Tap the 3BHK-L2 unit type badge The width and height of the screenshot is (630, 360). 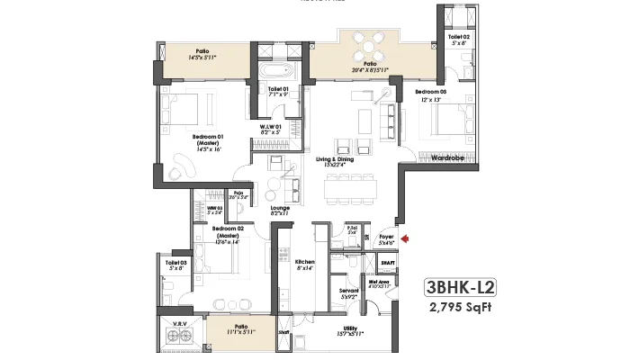(x=461, y=290)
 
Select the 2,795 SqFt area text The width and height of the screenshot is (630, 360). (x=462, y=310)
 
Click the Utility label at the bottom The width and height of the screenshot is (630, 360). (x=350, y=329)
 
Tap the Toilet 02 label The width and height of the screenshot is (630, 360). (x=460, y=37)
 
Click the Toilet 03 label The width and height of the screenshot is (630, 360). (x=175, y=262)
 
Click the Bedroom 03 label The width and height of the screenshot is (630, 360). (x=430, y=92)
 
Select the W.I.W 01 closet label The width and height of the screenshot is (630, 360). (x=272, y=127)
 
